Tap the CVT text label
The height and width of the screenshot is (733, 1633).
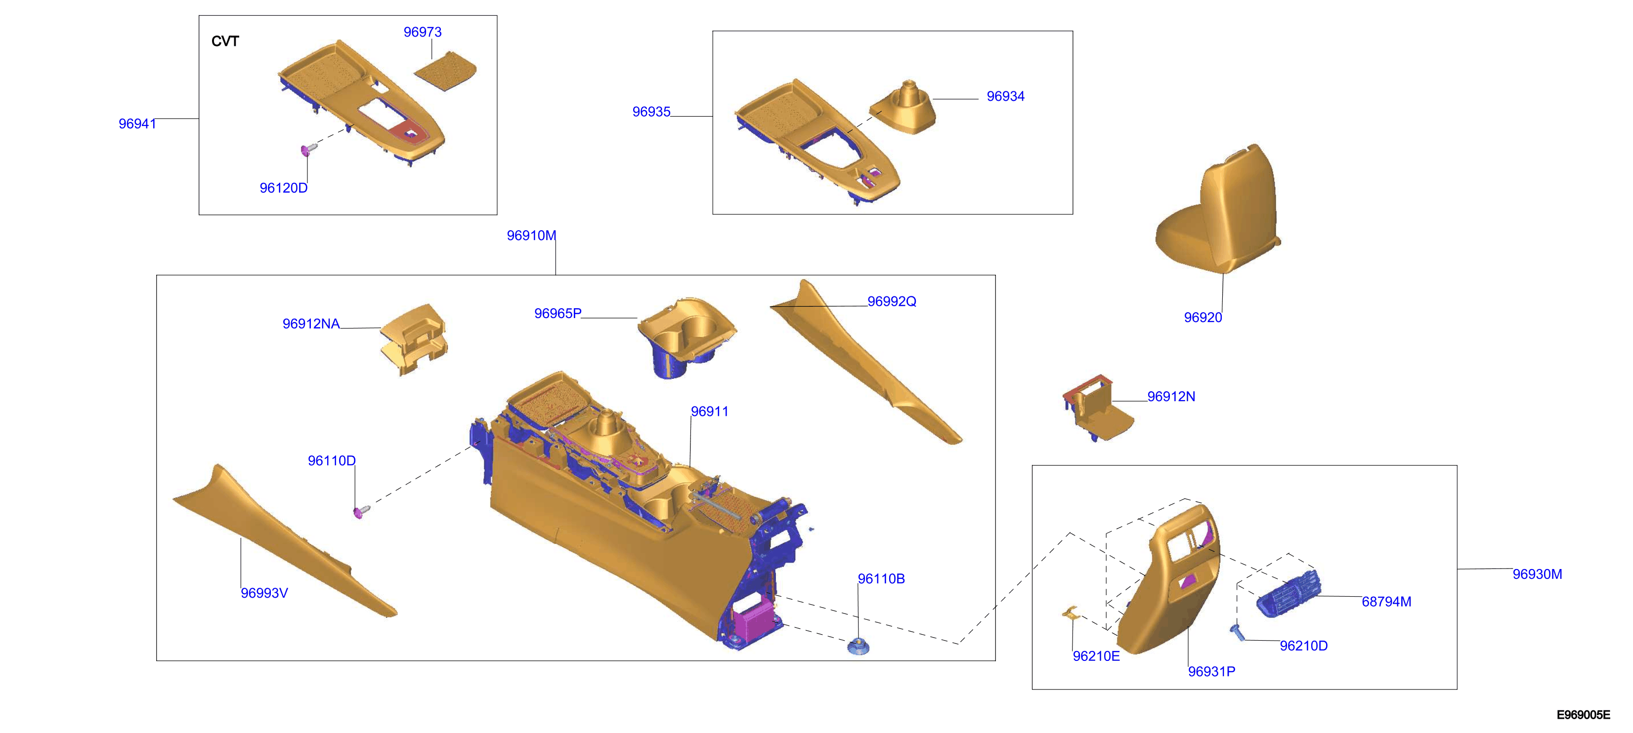click(x=225, y=41)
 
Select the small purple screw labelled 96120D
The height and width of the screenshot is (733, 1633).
click(x=308, y=149)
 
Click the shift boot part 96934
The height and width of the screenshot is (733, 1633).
click(x=902, y=108)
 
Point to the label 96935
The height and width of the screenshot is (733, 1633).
click(x=651, y=112)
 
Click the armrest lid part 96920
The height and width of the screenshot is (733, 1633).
click(x=1217, y=209)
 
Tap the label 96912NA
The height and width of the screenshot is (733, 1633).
click(x=311, y=324)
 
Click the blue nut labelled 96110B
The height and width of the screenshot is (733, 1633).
click(x=859, y=646)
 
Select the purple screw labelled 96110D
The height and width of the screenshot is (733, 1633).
click(x=361, y=512)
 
